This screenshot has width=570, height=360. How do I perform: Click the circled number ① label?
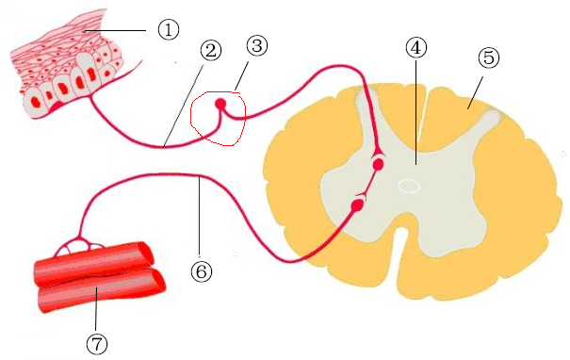[x=169, y=30]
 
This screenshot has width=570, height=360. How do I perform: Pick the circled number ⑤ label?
[x=488, y=58]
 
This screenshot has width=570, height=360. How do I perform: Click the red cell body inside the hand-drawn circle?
[x=221, y=104]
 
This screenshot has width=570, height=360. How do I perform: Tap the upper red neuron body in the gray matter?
[x=378, y=164]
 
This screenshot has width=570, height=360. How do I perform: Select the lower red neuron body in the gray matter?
[x=358, y=204]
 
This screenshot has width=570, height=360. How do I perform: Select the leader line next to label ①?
[x=118, y=30]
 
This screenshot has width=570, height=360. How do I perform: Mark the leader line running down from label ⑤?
[x=476, y=89]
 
